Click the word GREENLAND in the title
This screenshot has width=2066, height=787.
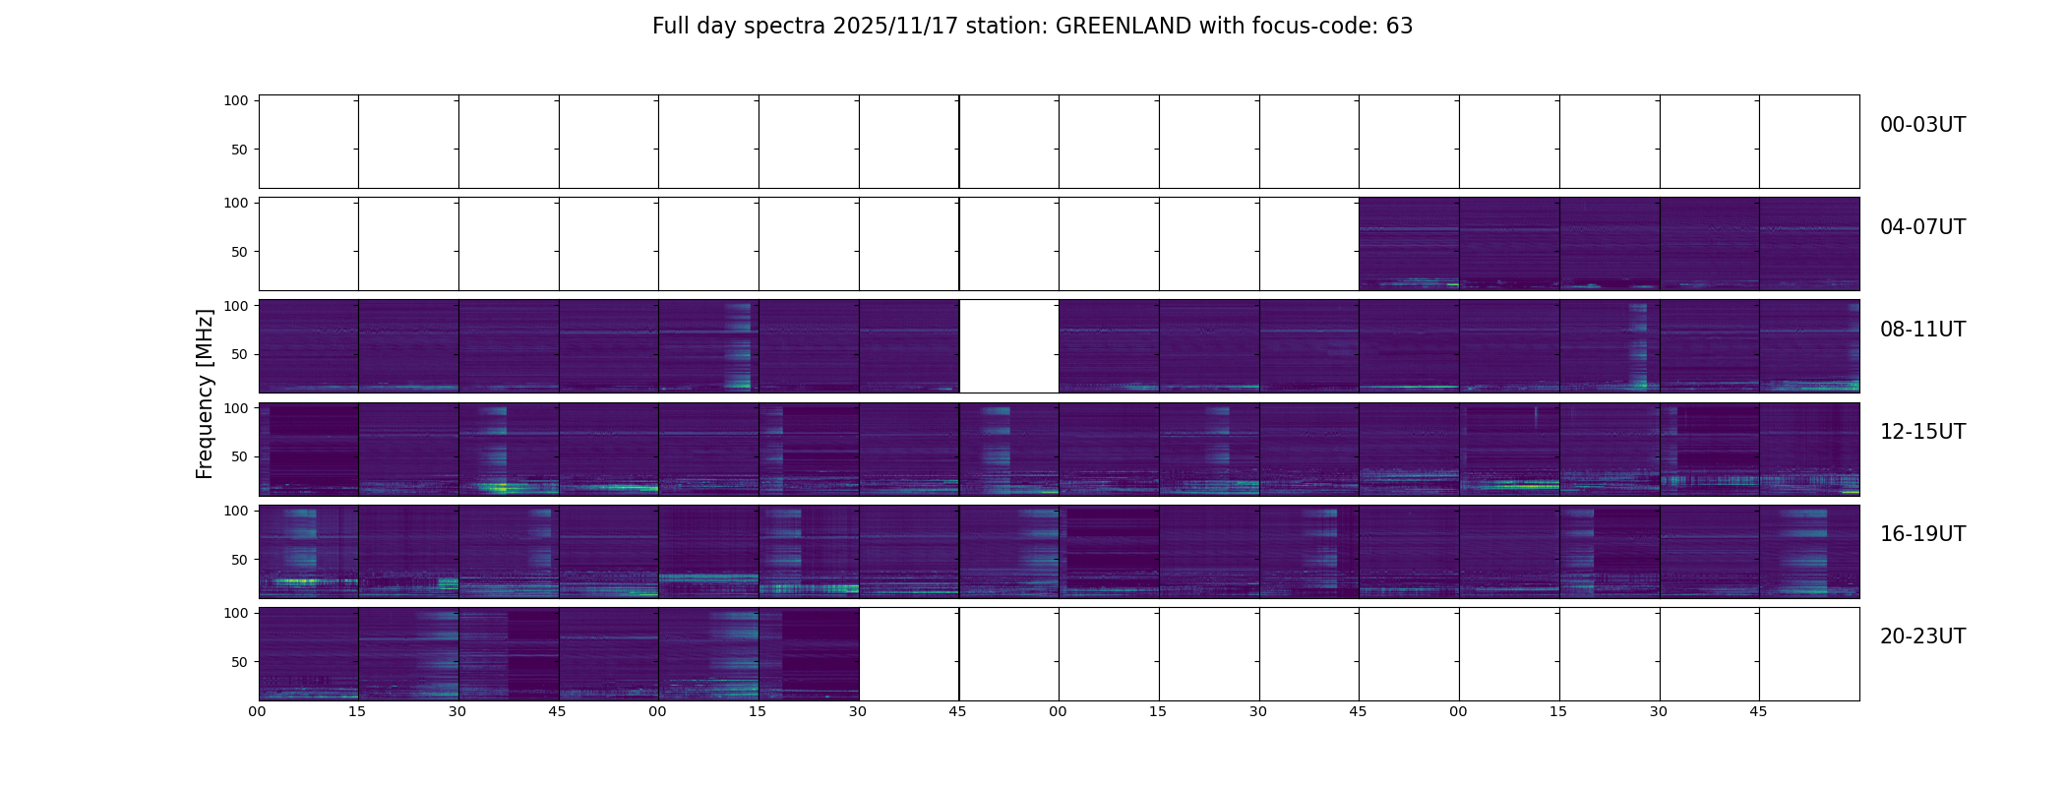tap(1123, 27)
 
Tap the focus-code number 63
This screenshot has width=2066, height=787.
tap(1399, 27)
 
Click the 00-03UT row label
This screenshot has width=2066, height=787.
tap(1922, 125)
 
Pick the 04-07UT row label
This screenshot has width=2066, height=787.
tap(1922, 227)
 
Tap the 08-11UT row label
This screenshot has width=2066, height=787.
tap(1922, 330)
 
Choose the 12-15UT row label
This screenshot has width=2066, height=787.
tap(1922, 432)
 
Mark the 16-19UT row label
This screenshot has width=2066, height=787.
tap(1922, 534)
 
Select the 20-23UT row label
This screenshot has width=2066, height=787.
tap(1922, 636)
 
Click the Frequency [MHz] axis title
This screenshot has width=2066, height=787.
tap(205, 393)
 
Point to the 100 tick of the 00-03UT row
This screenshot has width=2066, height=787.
tap(237, 100)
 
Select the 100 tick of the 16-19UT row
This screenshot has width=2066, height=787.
tap(237, 511)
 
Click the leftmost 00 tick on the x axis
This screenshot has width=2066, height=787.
tap(258, 711)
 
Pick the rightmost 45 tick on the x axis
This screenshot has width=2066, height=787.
tap(1758, 711)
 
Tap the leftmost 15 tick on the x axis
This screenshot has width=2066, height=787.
tap(357, 711)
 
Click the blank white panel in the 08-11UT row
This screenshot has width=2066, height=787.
tap(1008, 346)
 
